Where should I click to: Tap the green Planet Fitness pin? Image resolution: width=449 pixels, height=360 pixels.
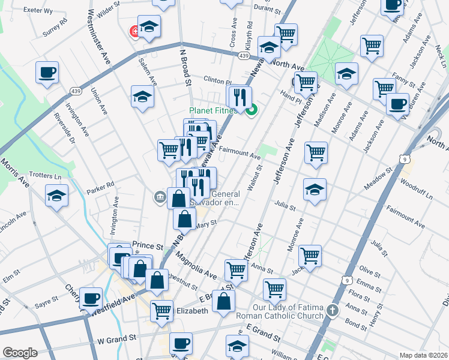tap(253, 109)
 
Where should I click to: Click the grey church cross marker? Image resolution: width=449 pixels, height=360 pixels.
tap(334, 310)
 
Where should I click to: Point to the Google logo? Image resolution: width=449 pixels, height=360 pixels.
tap(20, 353)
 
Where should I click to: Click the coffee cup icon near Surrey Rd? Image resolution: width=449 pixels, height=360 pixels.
tap(47, 73)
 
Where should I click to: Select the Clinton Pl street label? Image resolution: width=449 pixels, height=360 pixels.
tap(217, 81)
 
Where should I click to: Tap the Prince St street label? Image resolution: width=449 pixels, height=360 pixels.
tap(147, 246)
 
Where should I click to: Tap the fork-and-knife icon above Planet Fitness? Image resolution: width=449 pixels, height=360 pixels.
tap(240, 97)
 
